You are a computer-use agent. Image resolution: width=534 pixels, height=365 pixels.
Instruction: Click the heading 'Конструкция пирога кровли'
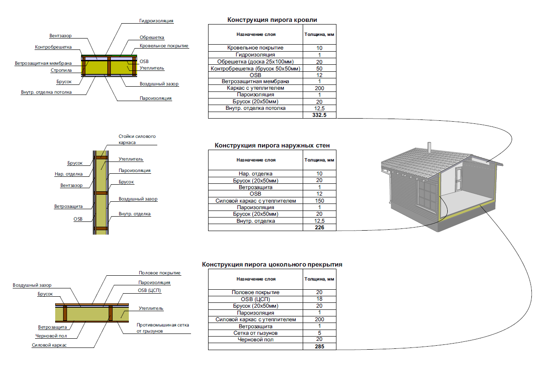tap(272, 20)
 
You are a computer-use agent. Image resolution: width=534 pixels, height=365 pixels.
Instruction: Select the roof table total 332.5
tap(319, 115)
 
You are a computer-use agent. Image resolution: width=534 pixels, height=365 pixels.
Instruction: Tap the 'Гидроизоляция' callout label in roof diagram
tap(156, 21)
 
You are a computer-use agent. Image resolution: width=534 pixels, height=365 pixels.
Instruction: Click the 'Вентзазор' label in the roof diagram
tap(60, 35)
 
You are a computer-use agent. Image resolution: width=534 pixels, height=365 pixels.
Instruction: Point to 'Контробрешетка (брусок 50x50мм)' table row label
tap(255, 68)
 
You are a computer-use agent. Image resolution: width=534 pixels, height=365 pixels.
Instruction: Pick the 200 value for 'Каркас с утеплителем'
tap(319, 88)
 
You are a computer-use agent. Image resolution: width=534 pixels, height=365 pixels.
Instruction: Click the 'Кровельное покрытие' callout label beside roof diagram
tap(164, 46)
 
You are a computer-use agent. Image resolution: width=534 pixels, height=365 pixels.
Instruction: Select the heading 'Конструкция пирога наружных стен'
tap(272, 145)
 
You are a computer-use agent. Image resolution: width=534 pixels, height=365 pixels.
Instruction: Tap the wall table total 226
tap(319, 228)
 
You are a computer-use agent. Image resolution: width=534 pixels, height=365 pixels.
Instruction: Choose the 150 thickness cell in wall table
tap(319, 201)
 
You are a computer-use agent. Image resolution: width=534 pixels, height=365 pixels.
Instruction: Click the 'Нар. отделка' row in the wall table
tap(255, 174)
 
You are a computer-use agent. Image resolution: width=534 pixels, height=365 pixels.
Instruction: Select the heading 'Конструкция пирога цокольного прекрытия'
tap(272, 264)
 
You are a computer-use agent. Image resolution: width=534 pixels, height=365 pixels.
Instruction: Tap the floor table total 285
tap(319, 347)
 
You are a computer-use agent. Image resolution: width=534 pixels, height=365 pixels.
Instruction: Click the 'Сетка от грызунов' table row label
tap(255, 333)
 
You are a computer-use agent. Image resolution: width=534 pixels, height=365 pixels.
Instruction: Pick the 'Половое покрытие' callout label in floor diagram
tap(159, 273)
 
